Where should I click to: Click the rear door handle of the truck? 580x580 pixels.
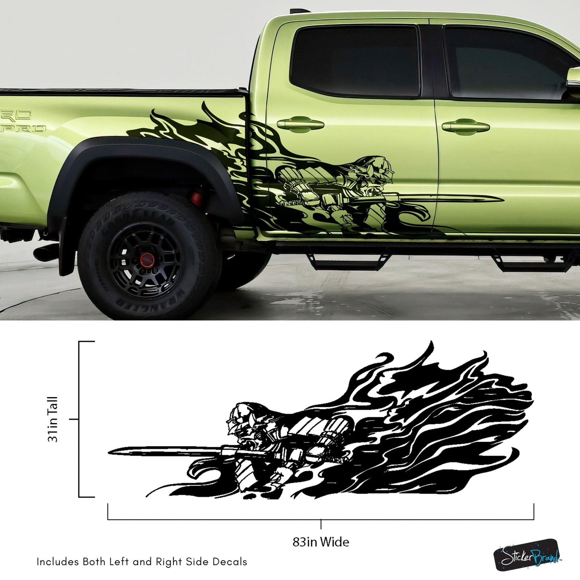point(301,124)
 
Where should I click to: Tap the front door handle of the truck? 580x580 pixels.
point(466,126)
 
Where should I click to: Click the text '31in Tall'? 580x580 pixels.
point(53,419)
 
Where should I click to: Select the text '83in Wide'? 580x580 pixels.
point(321,542)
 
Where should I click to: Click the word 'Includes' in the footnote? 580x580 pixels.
point(57,562)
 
